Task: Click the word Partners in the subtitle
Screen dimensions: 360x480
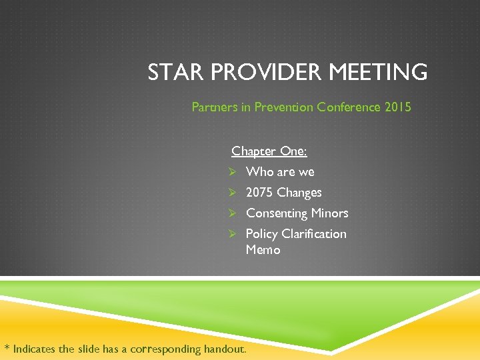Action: pos(213,107)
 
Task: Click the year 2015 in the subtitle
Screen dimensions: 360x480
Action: pos(398,107)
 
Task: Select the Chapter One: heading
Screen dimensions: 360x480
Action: pos(269,151)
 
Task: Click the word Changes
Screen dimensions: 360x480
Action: pos(299,193)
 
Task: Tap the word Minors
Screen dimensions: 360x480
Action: pos(330,213)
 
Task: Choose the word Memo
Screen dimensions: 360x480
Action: pos(263,250)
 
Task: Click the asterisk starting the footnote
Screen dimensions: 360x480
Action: pos(7,347)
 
